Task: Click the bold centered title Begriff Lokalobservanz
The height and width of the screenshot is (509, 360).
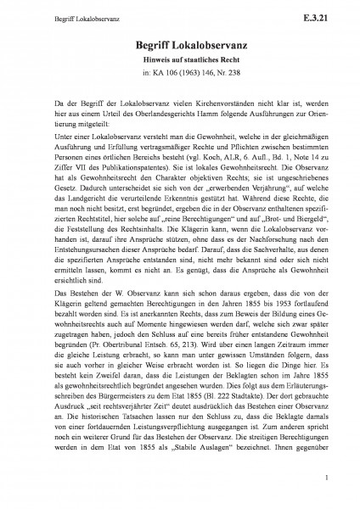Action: pyautogui.click(x=179, y=49)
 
